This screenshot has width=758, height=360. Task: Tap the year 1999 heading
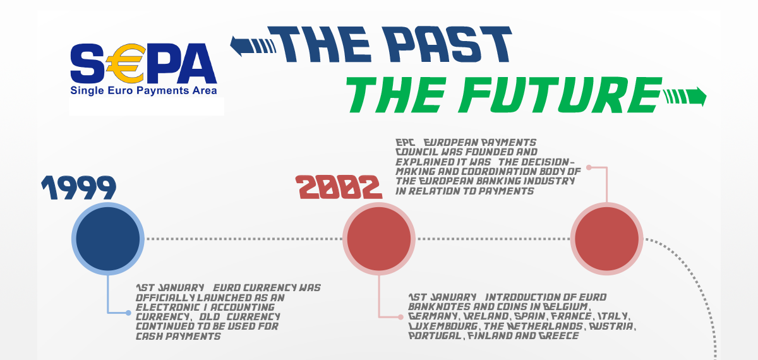pos(79,188)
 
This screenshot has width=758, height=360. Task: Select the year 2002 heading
pos(340,188)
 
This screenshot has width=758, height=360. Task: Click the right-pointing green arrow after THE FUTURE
pos(684,96)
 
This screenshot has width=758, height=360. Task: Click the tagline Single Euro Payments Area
pos(143,91)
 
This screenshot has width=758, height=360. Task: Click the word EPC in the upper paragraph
pos(404,143)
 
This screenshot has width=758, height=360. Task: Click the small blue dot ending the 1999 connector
pos(128,313)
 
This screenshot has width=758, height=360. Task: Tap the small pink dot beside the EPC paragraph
pos(589,167)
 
